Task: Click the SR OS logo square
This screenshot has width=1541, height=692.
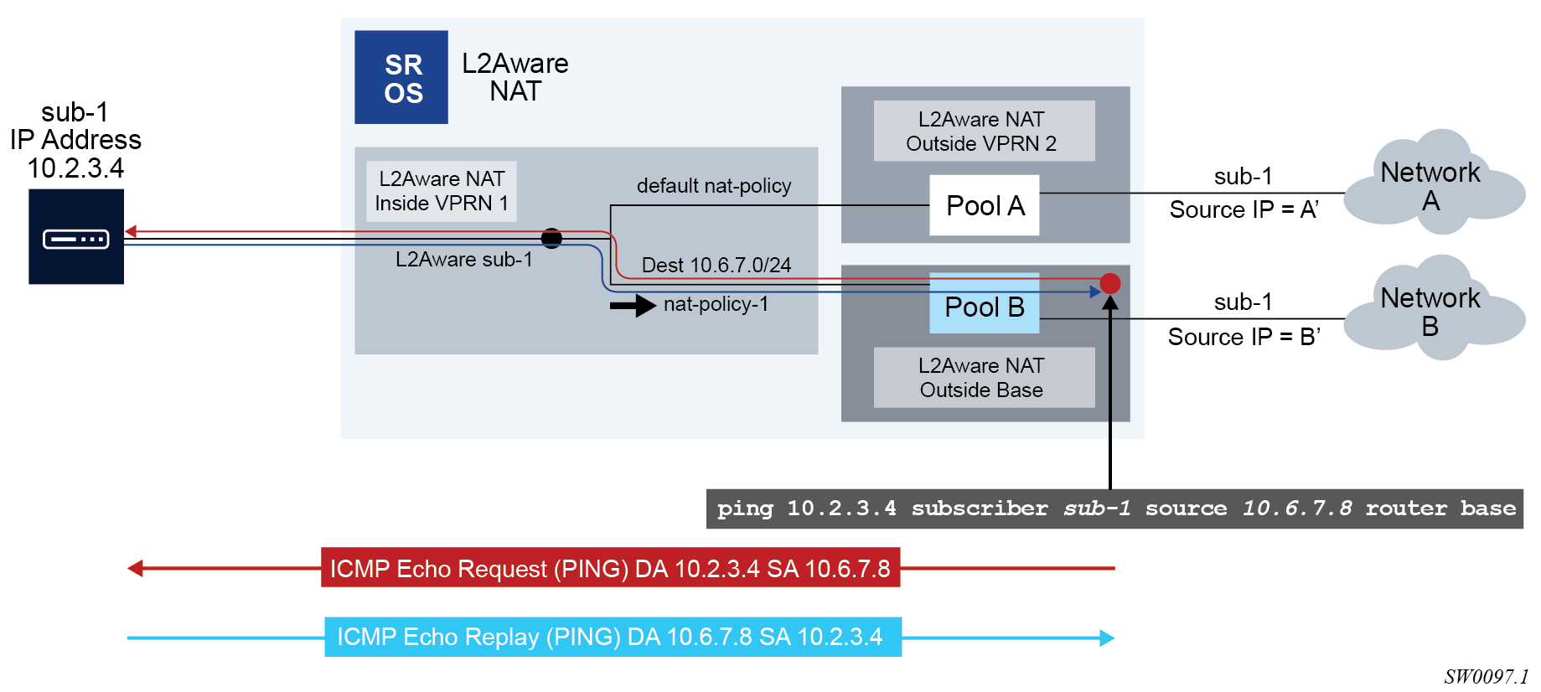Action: coord(401,77)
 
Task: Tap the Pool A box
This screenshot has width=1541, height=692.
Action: coord(984,205)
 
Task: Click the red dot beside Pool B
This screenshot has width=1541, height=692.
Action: coord(1110,283)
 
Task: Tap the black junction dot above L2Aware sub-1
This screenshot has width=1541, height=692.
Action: coord(551,239)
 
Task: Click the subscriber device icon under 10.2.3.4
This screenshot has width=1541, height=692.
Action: coord(76,237)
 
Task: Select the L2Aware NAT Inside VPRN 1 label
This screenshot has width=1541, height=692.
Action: coord(442,191)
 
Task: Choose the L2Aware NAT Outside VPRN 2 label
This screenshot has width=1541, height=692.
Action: coord(983,132)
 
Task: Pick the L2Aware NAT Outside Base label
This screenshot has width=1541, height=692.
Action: coord(983,378)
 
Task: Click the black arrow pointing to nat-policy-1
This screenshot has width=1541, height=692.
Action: coord(633,305)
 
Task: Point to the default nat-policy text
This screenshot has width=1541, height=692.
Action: coord(714,186)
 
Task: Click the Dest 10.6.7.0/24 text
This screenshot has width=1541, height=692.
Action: coord(716,266)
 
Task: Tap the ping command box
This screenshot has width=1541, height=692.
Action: coord(1114,509)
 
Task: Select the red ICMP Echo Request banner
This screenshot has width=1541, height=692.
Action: coord(610,568)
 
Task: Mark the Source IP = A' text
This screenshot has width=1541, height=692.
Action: coord(1244,210)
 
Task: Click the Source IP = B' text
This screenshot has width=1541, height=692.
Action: coord(1244,337)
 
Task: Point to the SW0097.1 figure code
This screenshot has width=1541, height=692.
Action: coord(1485,677)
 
